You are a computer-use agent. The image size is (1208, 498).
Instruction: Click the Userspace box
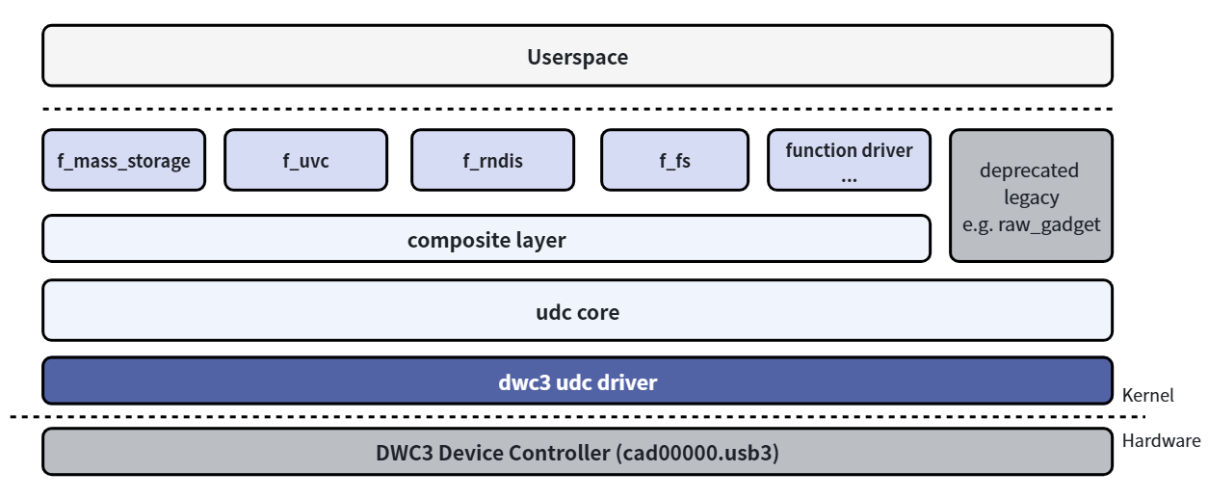(578, 56)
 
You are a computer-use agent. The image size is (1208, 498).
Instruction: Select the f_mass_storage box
(124, 160)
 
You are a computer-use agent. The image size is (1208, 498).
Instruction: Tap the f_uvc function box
(305, 160)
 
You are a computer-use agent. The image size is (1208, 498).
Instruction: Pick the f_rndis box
(492, 160)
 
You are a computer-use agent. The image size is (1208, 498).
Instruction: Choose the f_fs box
(674, 160)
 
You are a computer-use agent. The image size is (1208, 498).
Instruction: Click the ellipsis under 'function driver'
(849, 180)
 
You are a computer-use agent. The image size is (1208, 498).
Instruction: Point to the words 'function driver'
(849, 150)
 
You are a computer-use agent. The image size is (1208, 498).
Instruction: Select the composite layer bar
(486, 239)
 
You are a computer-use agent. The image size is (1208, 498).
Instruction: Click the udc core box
(578, 310)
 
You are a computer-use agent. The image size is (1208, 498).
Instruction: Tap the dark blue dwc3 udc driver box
(578, 380)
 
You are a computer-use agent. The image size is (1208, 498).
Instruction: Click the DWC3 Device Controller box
(578, 452)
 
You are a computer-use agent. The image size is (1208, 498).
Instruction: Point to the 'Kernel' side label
(1147, 396)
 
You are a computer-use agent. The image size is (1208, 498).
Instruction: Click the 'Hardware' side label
(1161, 441)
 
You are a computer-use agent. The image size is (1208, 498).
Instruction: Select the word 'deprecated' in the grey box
(1029, 170)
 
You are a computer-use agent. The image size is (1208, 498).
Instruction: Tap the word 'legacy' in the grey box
(1031, 197)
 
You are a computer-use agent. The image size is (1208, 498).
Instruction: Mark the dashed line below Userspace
(578, 109)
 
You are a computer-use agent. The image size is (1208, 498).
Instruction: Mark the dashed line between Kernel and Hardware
(578, 417)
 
